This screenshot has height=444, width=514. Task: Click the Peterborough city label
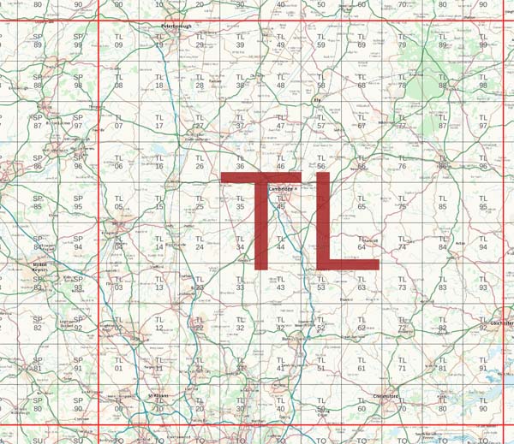coord(180,26)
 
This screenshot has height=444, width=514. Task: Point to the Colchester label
coord(501,323)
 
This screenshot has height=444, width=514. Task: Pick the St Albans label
coord(159,396)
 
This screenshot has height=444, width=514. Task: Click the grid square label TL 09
coord(119,41)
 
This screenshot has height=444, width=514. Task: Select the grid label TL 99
coord(483,41)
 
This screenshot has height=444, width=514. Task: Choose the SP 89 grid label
coord(38,41)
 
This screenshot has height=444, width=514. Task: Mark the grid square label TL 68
coord(362,81)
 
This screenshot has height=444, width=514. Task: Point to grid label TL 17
coord(159,122)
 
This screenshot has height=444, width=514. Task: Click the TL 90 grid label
coord(483,405)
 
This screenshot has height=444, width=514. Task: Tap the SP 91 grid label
coord(78,364)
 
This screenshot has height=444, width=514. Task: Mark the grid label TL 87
coord(443,122)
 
